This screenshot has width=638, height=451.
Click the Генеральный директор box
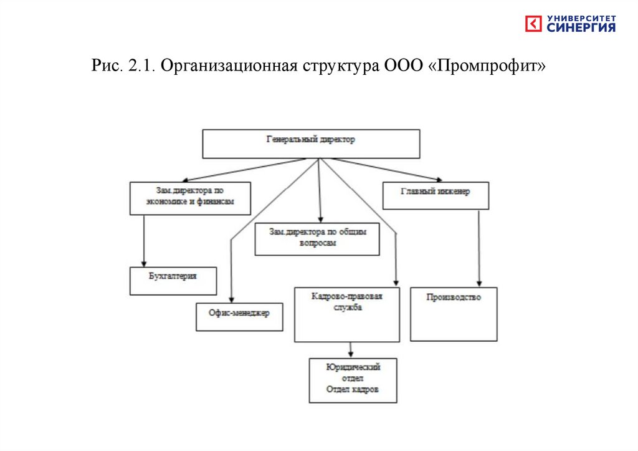(x=311, y=143)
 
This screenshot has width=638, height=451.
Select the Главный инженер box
(x=435, y=195)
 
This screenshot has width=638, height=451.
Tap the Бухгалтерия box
(x=173, y=281)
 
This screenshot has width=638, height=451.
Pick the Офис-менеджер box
(x=239, y=317)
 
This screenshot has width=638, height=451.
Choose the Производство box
(x=454, y=314)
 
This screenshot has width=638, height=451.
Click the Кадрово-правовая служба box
(x=346, y=314)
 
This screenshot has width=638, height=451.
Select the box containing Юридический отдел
(x=353, y=372)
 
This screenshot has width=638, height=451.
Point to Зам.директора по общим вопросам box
(x=317, y=239)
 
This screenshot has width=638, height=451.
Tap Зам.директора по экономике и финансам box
(x=190, y=198)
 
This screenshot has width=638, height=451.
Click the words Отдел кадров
(x=353, y=389)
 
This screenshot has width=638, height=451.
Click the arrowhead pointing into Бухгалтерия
(x=144, y=263)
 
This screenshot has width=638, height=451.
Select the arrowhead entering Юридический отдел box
(x=351, y=354)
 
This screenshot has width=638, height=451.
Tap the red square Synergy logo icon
(x=534, y=24)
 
